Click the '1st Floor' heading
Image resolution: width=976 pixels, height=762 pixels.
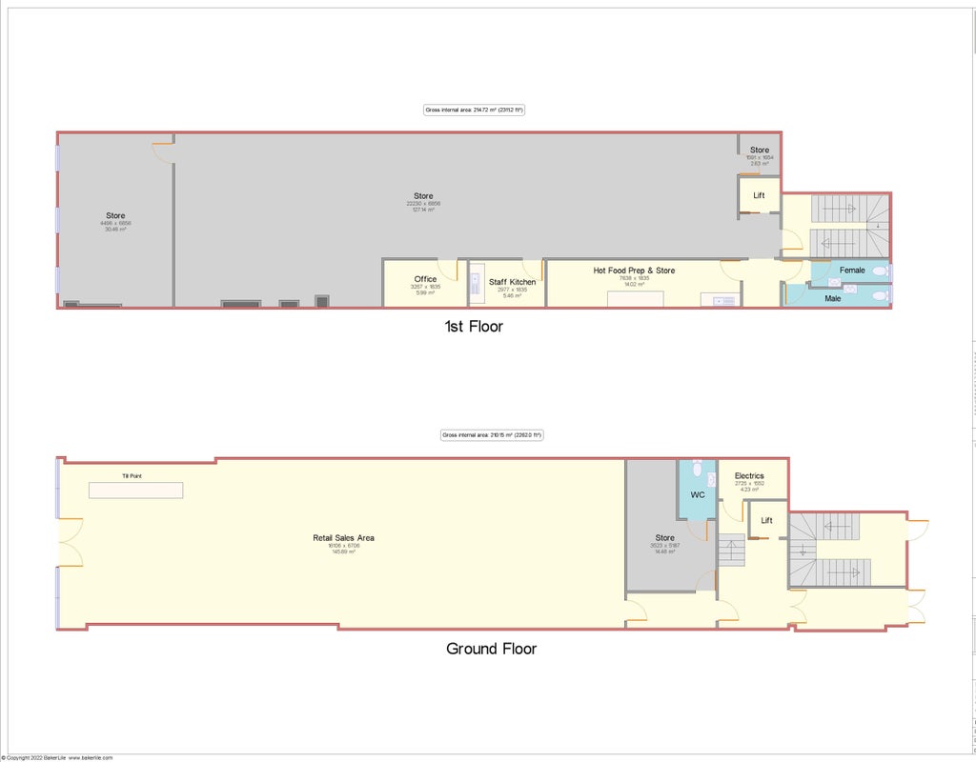tap(473, 327)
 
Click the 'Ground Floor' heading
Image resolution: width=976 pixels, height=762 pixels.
tap(491, 649)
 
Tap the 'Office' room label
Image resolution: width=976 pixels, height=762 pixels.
tap(425, 279)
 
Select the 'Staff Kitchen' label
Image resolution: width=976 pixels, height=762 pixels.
tap(512, 282)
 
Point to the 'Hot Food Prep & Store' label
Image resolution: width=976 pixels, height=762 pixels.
tap(634, 271)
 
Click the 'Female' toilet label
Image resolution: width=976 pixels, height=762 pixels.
tap(852, 271)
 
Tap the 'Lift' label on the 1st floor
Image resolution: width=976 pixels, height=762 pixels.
tap(759, 195)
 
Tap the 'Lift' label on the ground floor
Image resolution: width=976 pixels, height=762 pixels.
tap(766, 521)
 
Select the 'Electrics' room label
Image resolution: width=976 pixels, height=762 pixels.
tap(749, 476)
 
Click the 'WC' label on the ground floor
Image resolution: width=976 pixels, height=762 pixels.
tap(697, 495)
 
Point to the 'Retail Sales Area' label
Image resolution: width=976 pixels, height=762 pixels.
tap(343, 538)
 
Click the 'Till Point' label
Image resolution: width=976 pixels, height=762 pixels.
tap(132, 475)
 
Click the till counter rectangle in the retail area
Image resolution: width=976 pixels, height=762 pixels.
tap(135, 490)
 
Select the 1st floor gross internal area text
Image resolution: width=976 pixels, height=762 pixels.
tap(474, 110)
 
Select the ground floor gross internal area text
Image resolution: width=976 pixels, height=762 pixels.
tap(491, 435)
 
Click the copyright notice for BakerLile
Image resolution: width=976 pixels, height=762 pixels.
tap(56, 757)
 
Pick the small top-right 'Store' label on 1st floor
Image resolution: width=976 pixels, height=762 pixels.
tap(759, 150)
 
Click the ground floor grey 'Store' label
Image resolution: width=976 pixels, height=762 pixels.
tap(664, 538)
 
